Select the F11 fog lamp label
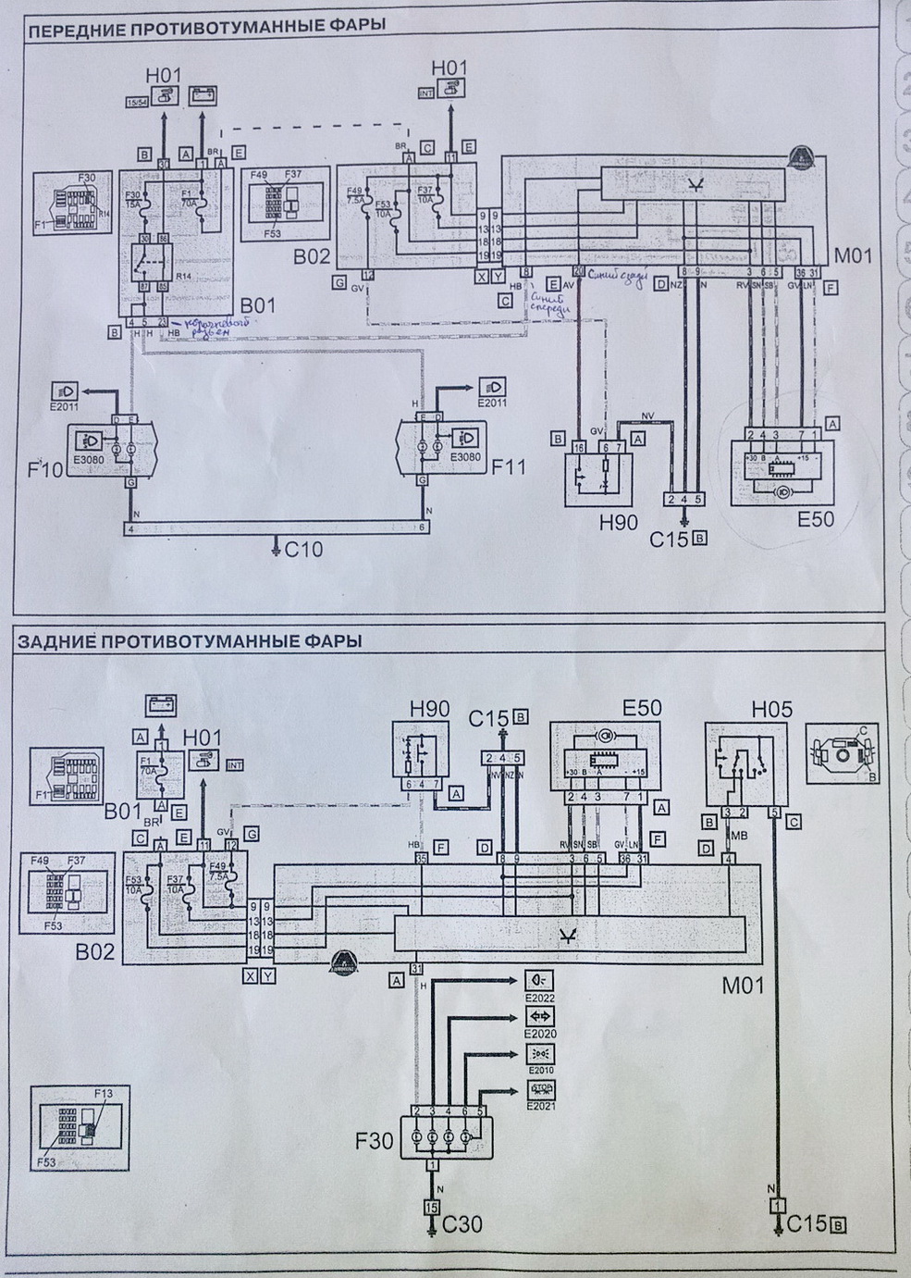pyautogui.click(x=508, y=465)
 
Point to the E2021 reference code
pyautogui.click(x=536, y=1107)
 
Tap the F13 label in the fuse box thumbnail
pyautogui.click(x=102, y=1093)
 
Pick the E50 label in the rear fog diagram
pyautogui.click(x=642, y=708)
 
